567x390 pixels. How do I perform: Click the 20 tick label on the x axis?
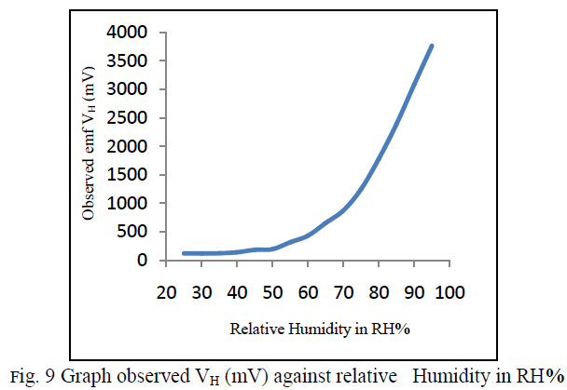pos(166,292)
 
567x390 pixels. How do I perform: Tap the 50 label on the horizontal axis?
pos(272,292)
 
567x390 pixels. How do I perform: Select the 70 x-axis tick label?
pos(343,292)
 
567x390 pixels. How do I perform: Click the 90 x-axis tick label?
pos(414,292)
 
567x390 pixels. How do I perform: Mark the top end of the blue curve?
pos(432,46)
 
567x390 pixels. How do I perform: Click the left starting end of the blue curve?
pos(184,253)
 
